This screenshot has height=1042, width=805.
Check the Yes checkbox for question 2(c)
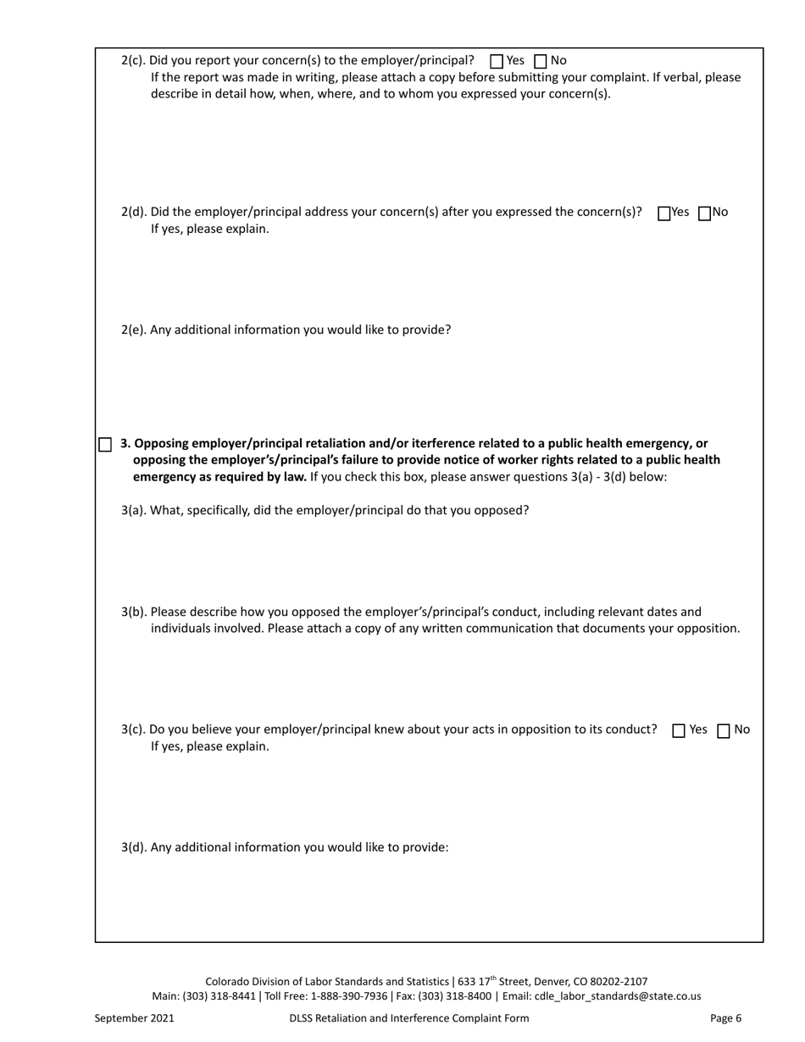pyautogui.click(x=497, y=61)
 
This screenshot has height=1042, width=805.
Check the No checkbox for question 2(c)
pyautogui.click(x=541, y=61)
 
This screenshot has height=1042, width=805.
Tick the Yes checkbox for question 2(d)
pyautogui.click(x=663, y=213)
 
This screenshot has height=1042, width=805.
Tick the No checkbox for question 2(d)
pyautogui.click(x=704, y=213)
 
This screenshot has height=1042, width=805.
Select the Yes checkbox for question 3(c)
pyautogui.click(x=679, y=731)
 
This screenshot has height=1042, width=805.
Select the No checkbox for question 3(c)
pyautogui.click(x=724, y=731)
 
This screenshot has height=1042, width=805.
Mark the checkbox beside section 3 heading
pyautogui.click(x=105, y=445)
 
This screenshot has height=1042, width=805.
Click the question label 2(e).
pyautogui.click(x=134, y=330)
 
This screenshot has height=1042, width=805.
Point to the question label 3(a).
pyautogui.click(x=134, y=510)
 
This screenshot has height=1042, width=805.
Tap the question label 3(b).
pyautogui.click(x=134, y=612)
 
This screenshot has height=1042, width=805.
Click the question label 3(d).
pyautogui.click(x=134, y=847)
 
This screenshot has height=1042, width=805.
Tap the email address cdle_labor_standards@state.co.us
pyautogui.click(x=618, y=996)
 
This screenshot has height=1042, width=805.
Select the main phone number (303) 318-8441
pyautogui.click(x=219, y=996)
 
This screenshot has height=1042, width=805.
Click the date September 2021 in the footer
pyautogui.click(x=134, y=1018)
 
